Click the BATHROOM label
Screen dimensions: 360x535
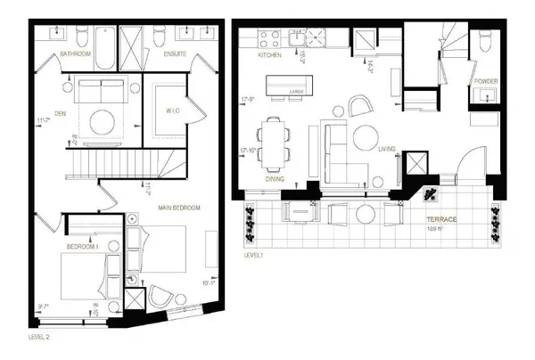click(76, 54)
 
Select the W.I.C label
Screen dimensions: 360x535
click(168, 111)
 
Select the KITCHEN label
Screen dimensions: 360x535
click(269, 55)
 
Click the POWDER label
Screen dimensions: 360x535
click(486, 81)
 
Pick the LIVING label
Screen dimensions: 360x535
click(387, 150)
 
